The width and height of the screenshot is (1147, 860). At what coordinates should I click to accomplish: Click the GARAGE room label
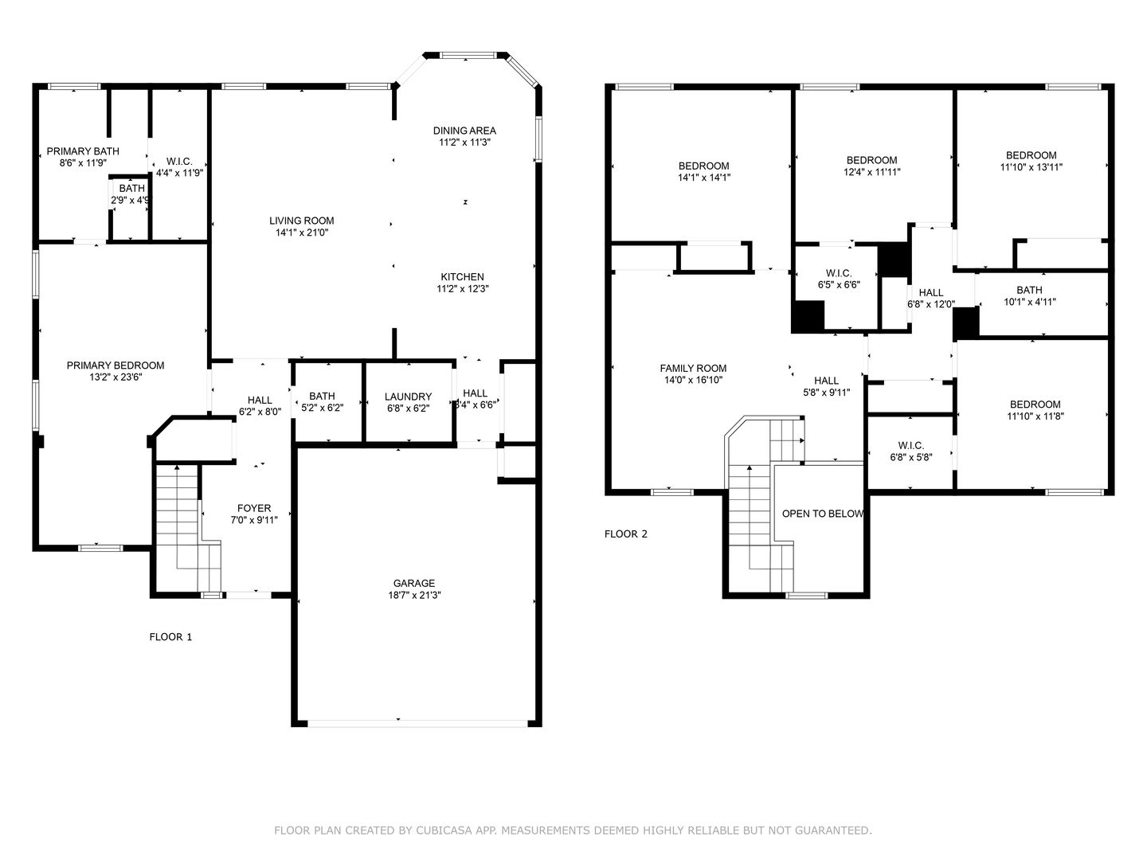click(414, 583)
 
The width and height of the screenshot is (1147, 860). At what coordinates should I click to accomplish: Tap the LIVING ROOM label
click(302, 221)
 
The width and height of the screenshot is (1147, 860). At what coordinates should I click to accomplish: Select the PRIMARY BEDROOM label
click(115, 365)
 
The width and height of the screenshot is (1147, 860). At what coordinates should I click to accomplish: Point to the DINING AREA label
click(464, 131)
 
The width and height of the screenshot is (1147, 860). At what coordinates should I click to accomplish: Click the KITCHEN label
click(463, 277)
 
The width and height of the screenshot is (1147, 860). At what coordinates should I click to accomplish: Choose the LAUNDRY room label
click(408, 397)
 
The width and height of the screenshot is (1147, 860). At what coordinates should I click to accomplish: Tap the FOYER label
click(254, 508)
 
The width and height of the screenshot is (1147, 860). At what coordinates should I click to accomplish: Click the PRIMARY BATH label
click(83, 151)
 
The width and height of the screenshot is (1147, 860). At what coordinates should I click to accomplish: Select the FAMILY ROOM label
click(693, 368)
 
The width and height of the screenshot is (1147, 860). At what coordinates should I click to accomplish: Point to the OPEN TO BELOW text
click(823, 514)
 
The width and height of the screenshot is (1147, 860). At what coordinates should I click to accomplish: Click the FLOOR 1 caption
click(170, 637)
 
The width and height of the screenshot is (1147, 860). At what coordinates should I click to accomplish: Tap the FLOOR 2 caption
click(625, 534)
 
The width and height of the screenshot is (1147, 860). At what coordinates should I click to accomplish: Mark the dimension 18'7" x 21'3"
click(414, 595)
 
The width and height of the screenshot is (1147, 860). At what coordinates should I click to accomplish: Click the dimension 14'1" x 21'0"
click(302, 233)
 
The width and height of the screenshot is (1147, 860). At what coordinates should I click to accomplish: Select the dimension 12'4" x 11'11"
click(871, 172)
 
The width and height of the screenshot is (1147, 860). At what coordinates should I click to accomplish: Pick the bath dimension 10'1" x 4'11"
click(1029, 301)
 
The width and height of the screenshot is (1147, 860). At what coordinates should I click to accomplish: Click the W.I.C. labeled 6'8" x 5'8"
click(910, 445)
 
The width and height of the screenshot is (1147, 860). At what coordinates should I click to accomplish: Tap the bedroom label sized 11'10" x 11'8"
click(1035, 405)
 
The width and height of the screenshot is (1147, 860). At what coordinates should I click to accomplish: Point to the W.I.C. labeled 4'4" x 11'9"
click(179, 162)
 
